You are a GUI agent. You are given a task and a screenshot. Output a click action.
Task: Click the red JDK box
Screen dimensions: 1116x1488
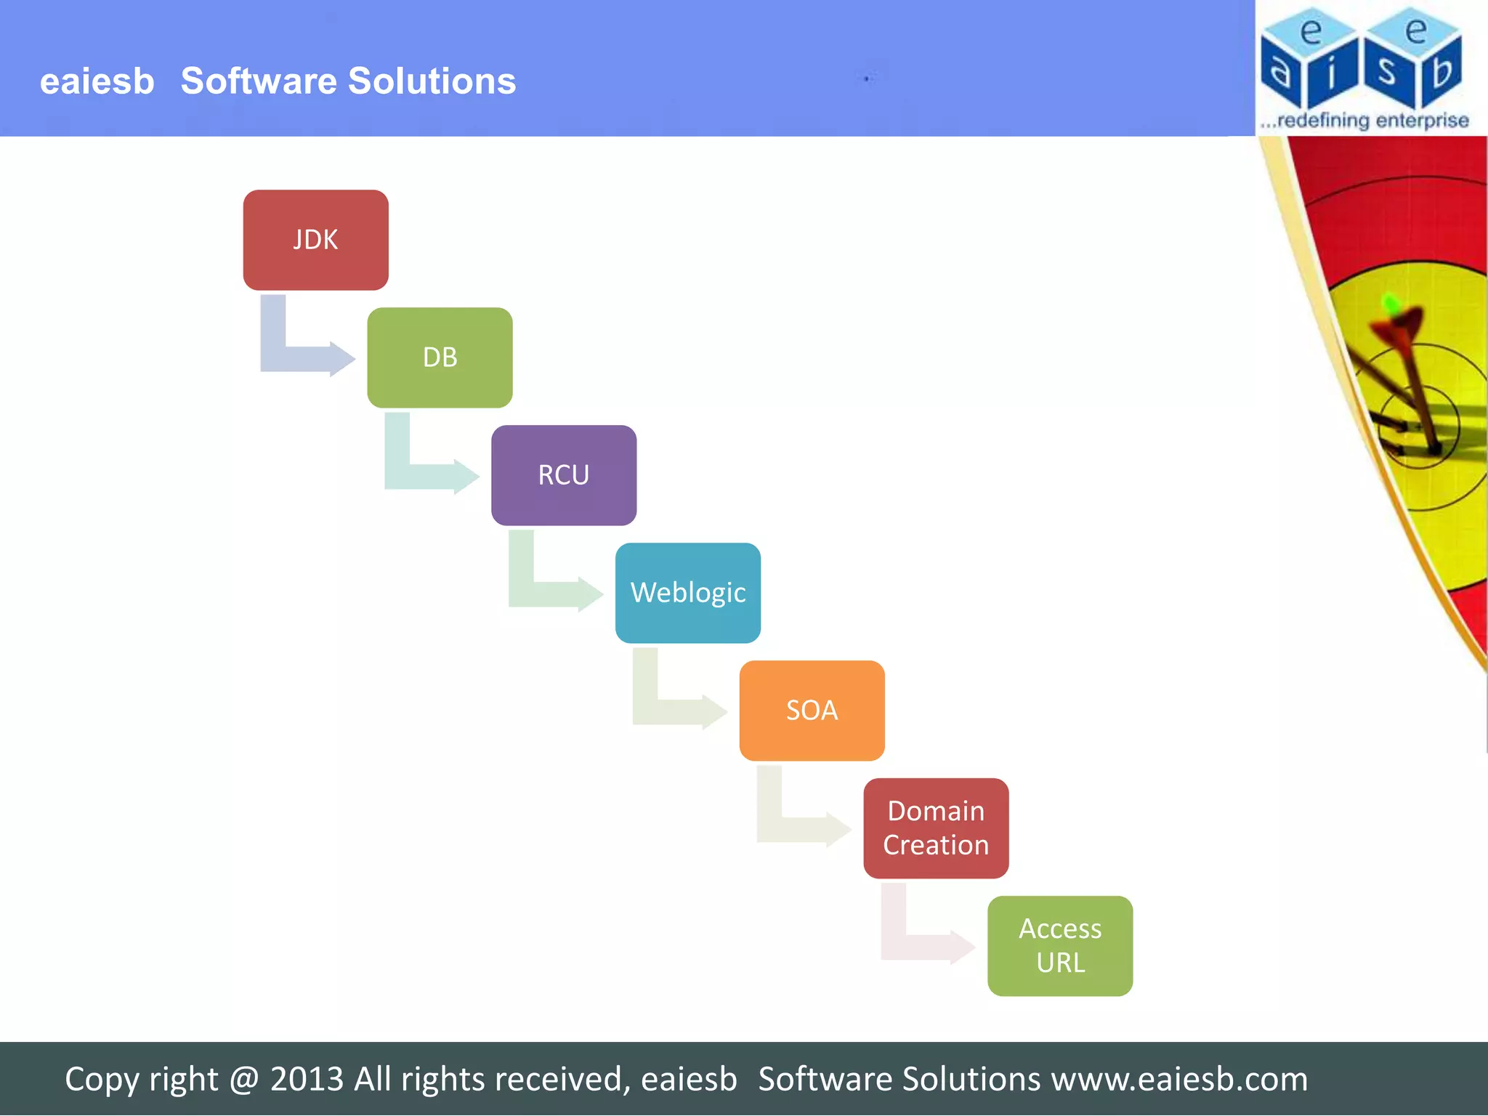point(315,240)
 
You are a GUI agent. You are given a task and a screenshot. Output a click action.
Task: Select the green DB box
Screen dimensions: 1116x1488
point(440,357)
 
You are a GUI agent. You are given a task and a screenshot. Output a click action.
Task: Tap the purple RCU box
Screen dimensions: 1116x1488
point(564,475)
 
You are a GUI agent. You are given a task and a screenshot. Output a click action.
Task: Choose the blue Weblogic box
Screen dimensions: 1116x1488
point(688,593)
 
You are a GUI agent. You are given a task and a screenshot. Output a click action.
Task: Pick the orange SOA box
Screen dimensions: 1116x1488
point(812,711)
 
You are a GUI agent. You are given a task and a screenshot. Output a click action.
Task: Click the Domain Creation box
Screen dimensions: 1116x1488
point(936,828)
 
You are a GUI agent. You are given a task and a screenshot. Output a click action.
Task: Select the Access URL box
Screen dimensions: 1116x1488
point(1060,946)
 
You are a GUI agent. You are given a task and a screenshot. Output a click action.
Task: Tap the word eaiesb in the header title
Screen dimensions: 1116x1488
point(97,81)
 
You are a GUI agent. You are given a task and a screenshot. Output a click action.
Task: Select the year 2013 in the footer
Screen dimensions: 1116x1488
point(307,1079)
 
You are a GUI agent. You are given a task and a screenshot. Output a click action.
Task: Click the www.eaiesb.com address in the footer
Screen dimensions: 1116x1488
point(1179,1079)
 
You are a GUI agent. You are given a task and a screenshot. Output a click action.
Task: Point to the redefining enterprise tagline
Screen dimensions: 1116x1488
point(1364,120)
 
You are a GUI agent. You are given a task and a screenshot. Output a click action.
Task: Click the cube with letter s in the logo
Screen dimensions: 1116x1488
point(1388,73)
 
